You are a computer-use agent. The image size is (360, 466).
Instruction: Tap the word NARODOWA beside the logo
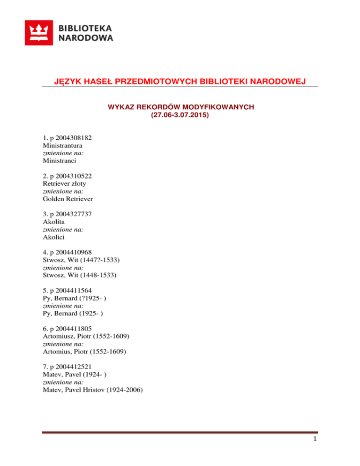(x=86, y=38)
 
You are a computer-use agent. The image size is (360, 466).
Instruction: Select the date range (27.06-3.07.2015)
(x=180, y=113)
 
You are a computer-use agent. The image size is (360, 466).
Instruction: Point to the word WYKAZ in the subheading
(x=121, y=107)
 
